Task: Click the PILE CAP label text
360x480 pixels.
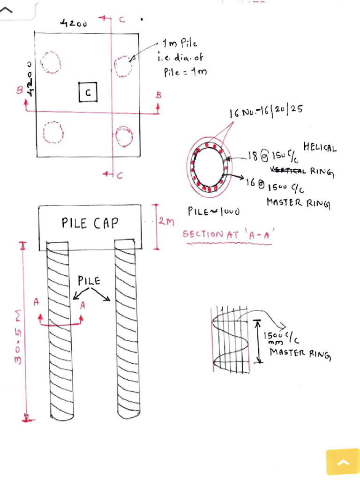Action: coord(90,223)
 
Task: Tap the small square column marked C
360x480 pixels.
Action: coord(88,92)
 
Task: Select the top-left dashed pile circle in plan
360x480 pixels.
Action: coord(51,62)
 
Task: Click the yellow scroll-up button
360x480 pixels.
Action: coord(343,462)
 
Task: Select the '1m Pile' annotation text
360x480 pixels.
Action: coord(173,45)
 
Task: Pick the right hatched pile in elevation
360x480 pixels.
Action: coord(128,330)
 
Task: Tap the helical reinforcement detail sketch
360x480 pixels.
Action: coord(230,341)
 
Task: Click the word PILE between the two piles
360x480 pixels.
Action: coord(89,281)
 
